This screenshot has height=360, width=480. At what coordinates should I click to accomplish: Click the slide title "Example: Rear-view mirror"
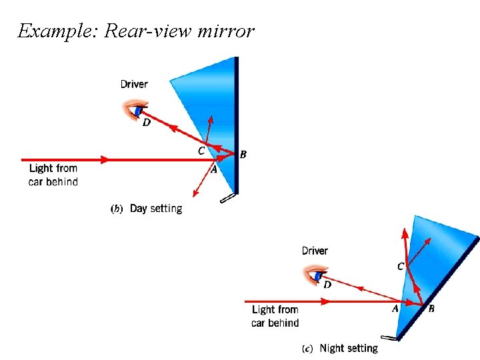[x=136, y=31]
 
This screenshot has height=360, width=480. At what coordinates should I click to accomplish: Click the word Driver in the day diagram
[x=134, y=84]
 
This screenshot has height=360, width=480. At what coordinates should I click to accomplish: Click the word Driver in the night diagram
[x=315, y=251]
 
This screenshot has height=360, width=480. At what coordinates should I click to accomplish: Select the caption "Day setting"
[x=155, y=209]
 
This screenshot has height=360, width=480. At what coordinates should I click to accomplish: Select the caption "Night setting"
[x=348, y=348]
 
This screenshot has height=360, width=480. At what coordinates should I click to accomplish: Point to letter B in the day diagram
[x=243, y=155]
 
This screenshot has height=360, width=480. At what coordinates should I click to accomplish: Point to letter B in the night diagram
[x=431, y=309]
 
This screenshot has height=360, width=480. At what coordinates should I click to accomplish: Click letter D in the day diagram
[x=146, y=123]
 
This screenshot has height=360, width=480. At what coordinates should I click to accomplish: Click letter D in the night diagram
[x=327, y=285]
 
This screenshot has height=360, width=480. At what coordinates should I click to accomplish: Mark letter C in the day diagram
[x=201, y=151]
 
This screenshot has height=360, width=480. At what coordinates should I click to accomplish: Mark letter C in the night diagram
[x=400, y=267]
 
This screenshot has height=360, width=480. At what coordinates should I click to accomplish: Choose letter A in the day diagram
[x=214, y=170]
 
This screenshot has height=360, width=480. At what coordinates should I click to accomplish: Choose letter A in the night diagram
[x=395, y=309]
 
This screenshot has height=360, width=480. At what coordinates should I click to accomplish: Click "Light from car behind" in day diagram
[x=53, y=175]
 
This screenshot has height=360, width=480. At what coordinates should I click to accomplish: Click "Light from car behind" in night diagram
[x=275, y=316]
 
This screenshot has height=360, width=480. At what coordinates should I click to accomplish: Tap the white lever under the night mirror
[x=389, y=337]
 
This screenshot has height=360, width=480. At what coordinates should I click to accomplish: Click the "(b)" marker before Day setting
[x=116, y=209]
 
